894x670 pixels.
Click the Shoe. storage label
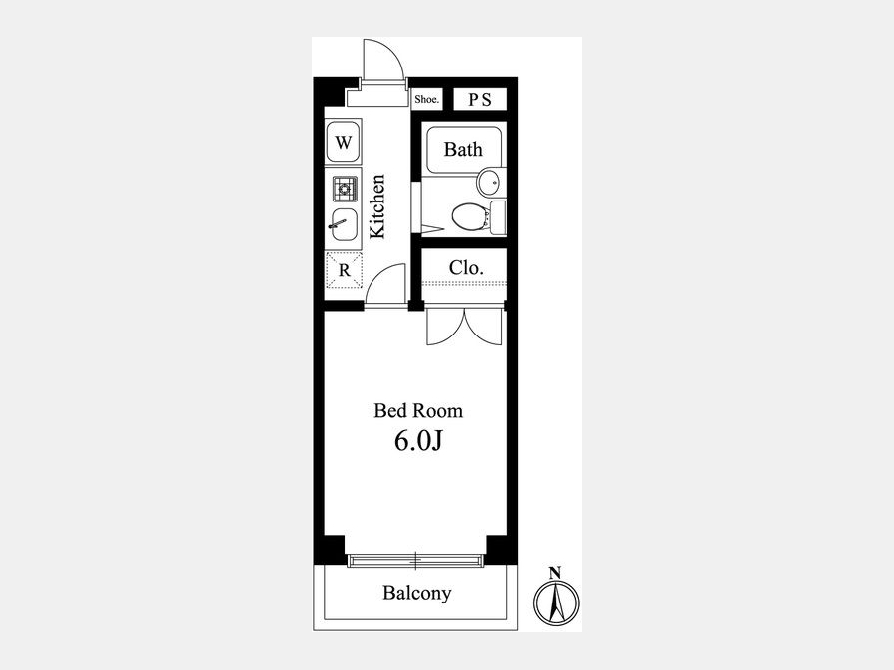click(426, 99)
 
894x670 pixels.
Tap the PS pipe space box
click(480, 99)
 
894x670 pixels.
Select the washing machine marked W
click(344, 141)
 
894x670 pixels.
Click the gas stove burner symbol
click(345, 188)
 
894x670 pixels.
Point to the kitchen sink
click(343, 224)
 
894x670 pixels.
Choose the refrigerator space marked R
click(344, 269)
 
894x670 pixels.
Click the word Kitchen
click(377, 205)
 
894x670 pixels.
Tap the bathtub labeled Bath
click(463, 149)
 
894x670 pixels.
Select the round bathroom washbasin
click(491, 183)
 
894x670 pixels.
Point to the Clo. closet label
click(466, 267)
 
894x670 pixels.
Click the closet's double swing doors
click(464, 327)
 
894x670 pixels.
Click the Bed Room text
click(418, 411)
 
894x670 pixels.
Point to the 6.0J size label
click(418, 441)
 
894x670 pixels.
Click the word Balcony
click(417, 593)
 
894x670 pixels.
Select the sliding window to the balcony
click(415, 561)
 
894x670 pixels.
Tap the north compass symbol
click(556, 603)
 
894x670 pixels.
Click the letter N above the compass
click(555, 572)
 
